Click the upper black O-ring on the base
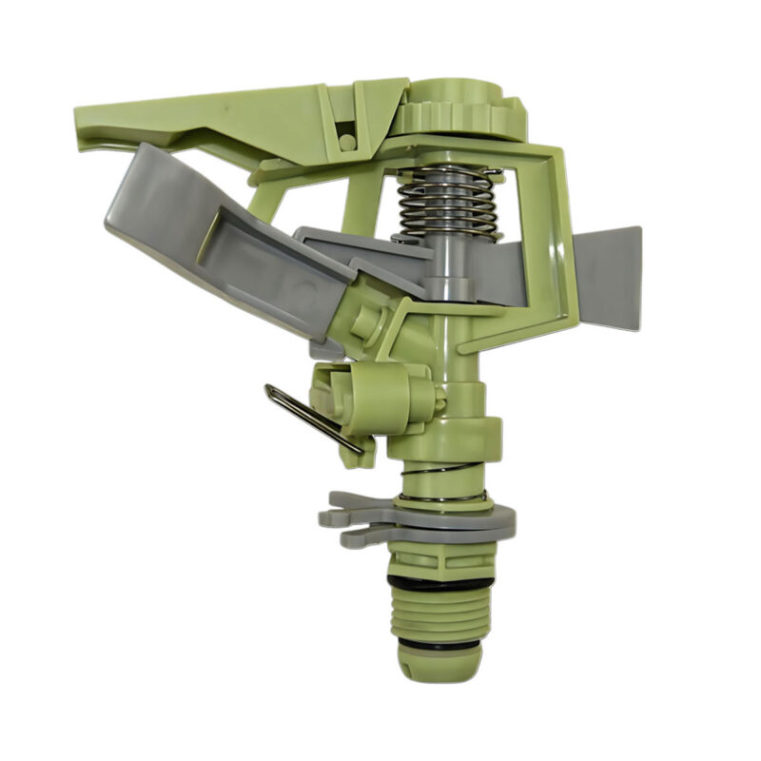pos(439,580)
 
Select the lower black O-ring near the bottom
pos(439,644)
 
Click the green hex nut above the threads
pos(439,556)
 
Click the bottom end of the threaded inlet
pos(439,666)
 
